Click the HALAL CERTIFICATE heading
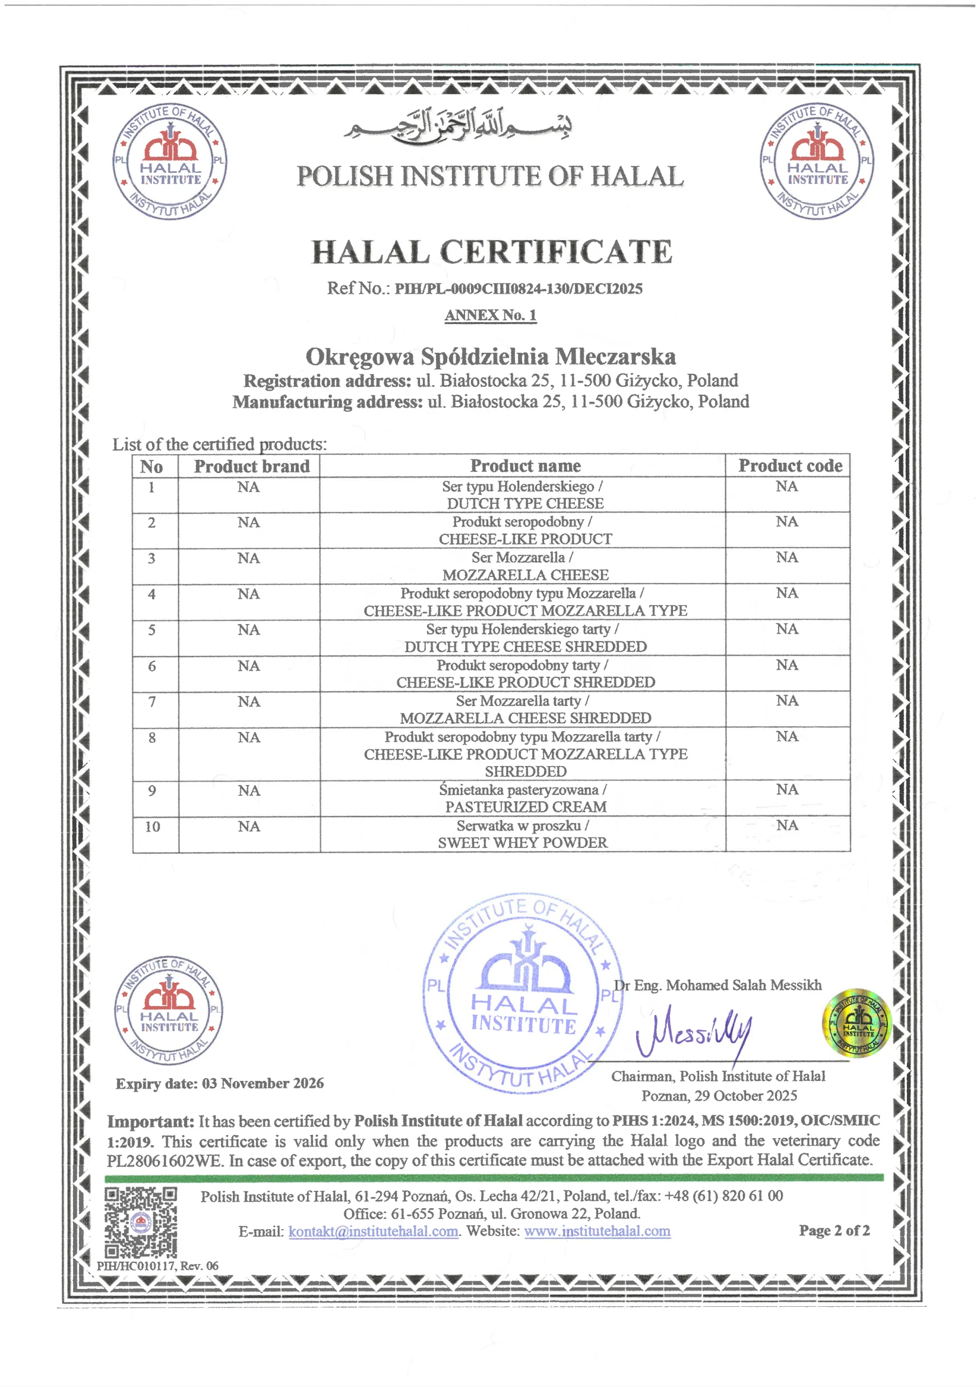coord(491,252)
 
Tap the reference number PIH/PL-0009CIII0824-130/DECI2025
coord(518,289)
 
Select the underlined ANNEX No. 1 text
coord(491,315)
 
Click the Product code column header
coord(790,466)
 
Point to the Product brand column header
coord(251,466)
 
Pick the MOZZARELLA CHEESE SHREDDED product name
coord(525,718)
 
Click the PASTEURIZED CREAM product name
coord(525,807)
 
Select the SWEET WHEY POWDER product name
coord(522,842)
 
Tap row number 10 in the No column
coord(153,826)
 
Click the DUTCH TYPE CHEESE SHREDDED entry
coord(525,646)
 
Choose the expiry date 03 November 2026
coord(263,1083)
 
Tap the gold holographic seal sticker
coord(857,1024)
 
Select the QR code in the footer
coord(141,1222)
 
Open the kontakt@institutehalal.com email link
coord(373,1231)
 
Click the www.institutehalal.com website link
coord(597,1231)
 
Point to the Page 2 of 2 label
coord(834,1230)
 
